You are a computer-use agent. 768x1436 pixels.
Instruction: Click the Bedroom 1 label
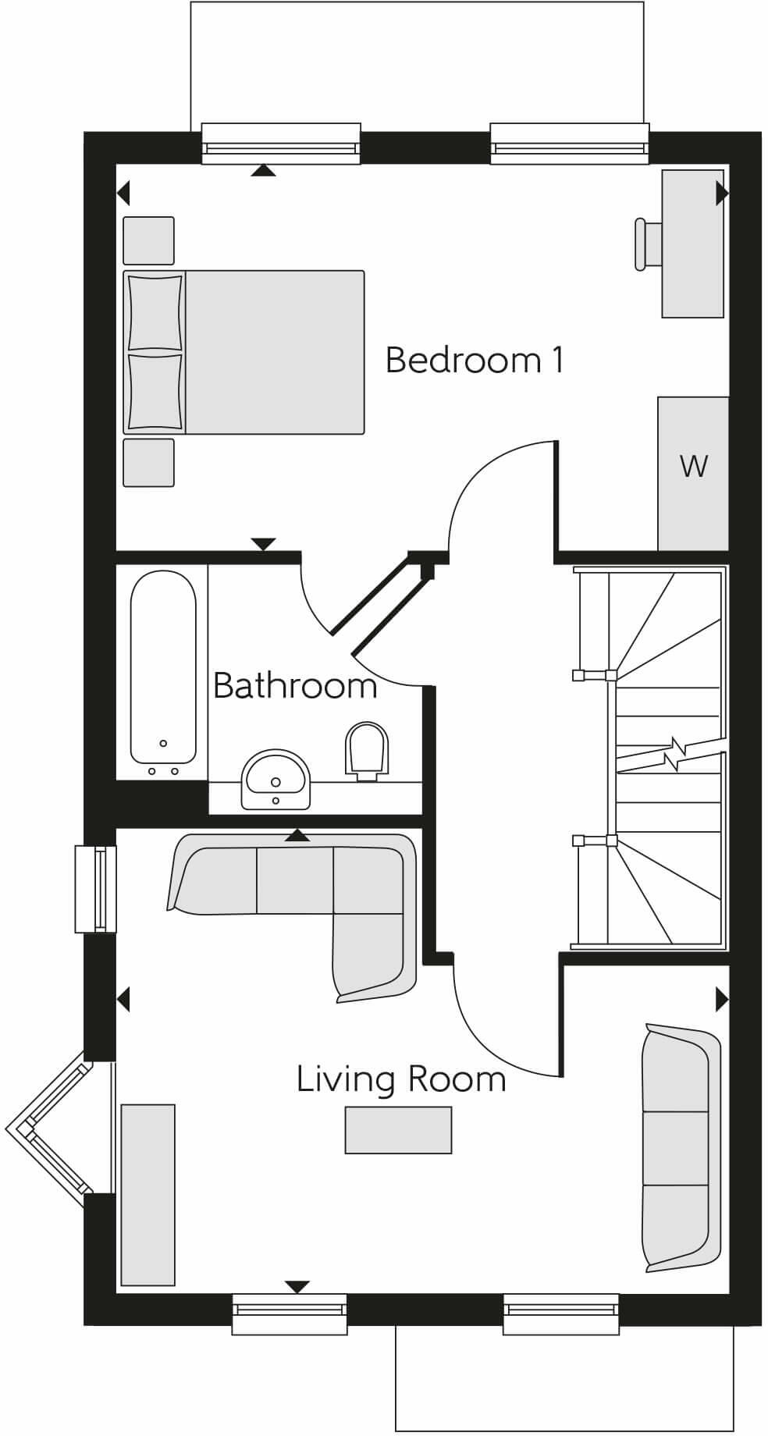(474, 361)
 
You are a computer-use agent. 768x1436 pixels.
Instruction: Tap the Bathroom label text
(295, 686)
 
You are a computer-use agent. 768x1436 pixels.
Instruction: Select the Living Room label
(401, 1079)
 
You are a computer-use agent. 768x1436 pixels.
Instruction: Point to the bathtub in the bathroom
(163, 667)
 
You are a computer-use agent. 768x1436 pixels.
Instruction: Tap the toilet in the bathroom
(366, 750)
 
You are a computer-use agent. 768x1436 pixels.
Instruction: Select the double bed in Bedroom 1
(244, 352)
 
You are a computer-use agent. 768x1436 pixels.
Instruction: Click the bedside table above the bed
(148, 240)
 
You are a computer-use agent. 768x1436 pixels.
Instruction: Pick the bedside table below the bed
(148, 463)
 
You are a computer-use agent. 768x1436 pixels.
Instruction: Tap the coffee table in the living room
(398, 1129)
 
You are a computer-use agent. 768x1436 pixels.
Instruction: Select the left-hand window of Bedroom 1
(281, 144)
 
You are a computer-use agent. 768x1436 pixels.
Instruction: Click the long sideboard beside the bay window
(148, 1193)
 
